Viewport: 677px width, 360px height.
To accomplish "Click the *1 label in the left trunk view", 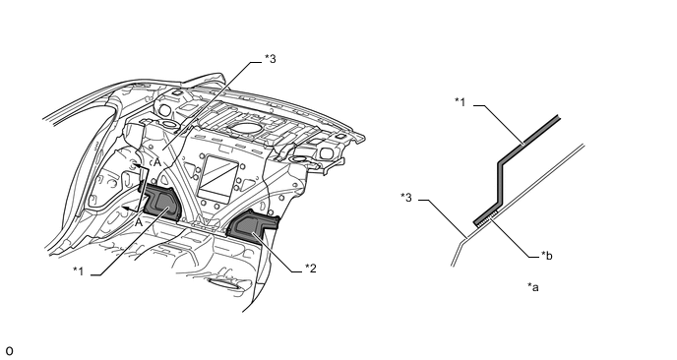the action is (x=78, y=271).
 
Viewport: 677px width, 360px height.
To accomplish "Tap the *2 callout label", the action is (x=311, y=269).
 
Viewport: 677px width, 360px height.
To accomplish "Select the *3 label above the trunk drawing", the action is (x=271, y=59).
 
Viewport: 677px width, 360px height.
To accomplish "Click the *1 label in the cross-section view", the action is (x=461, y=102).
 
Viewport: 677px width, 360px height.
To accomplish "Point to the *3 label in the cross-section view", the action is (x=406, y=198).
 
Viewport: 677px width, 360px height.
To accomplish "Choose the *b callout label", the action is (x=547, y=256).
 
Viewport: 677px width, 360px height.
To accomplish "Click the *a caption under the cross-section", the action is (x=533, y=286).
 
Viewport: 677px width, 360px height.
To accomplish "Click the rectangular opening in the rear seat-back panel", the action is (x=219, y=176).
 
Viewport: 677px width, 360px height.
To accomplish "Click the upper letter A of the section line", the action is (x=157, y=162).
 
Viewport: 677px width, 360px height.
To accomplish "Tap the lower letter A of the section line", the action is (x=138, y=222).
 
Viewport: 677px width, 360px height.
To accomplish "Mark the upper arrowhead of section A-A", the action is (x=134, y=165).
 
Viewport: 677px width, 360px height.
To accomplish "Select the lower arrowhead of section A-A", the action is (x=124, y=209).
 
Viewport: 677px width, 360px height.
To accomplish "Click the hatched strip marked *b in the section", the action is (x=487, y=220).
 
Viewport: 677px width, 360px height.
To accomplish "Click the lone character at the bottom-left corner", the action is (x=10, y=351).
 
